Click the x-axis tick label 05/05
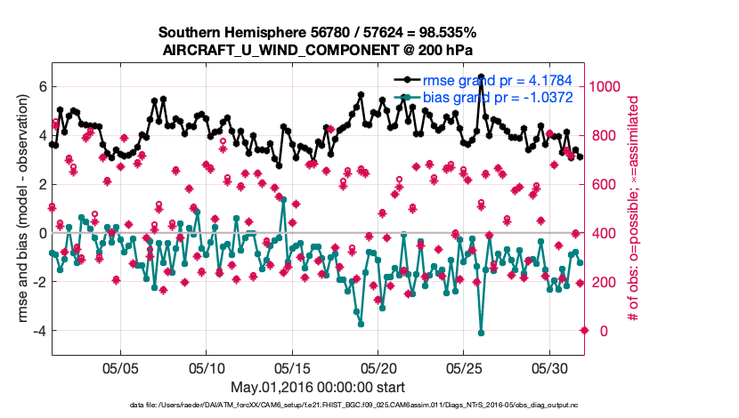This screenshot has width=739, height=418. pyautogui.click(x=121, y=367)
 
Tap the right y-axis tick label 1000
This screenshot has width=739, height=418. pyautogui.click(x=607, y=86)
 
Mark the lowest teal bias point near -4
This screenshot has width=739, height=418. pyautogui.click(x=481, y=333)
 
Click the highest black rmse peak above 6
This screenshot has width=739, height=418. pyautogui.click(x=481, y=76)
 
